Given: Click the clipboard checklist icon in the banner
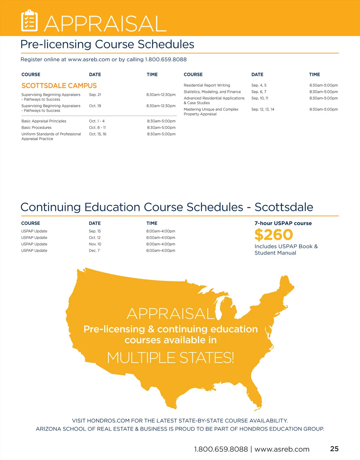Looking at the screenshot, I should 29,21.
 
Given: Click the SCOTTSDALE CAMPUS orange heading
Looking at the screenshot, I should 59,86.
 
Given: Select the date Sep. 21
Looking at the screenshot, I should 95,95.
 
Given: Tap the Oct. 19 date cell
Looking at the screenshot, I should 95,106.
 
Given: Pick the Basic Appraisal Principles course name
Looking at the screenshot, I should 44,121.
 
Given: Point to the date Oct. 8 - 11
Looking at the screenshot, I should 97,128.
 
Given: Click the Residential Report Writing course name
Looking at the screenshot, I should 207,85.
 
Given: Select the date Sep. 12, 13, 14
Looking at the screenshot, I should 263,109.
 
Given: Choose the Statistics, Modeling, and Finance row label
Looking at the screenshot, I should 212,92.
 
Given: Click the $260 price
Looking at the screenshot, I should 274,235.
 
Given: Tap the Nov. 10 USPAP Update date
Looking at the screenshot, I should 95,244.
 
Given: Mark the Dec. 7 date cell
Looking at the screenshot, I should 94,251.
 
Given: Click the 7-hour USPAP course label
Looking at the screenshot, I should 283,223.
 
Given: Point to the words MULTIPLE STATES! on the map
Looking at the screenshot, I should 170,358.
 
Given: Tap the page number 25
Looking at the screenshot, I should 334,449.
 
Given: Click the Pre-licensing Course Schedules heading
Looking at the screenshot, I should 107,44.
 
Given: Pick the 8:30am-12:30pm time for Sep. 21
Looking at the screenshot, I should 161,95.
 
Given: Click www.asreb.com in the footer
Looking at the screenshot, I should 282,449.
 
